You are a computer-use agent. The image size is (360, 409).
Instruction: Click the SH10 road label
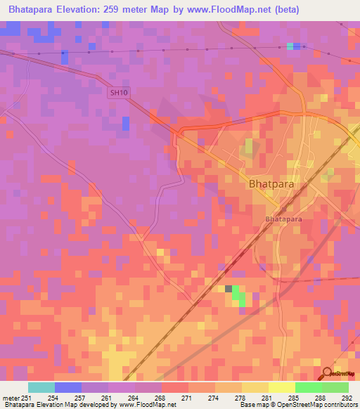tap(120, 92)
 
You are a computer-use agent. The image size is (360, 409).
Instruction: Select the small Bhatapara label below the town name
tap(282, 219)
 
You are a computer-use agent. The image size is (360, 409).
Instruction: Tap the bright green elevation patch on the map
tap(240, 296)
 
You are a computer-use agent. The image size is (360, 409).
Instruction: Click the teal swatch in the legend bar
tap(41, 387)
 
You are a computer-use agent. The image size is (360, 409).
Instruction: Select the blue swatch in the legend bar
tap(68, 387)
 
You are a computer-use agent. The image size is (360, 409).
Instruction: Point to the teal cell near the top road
tap(290, 46)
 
